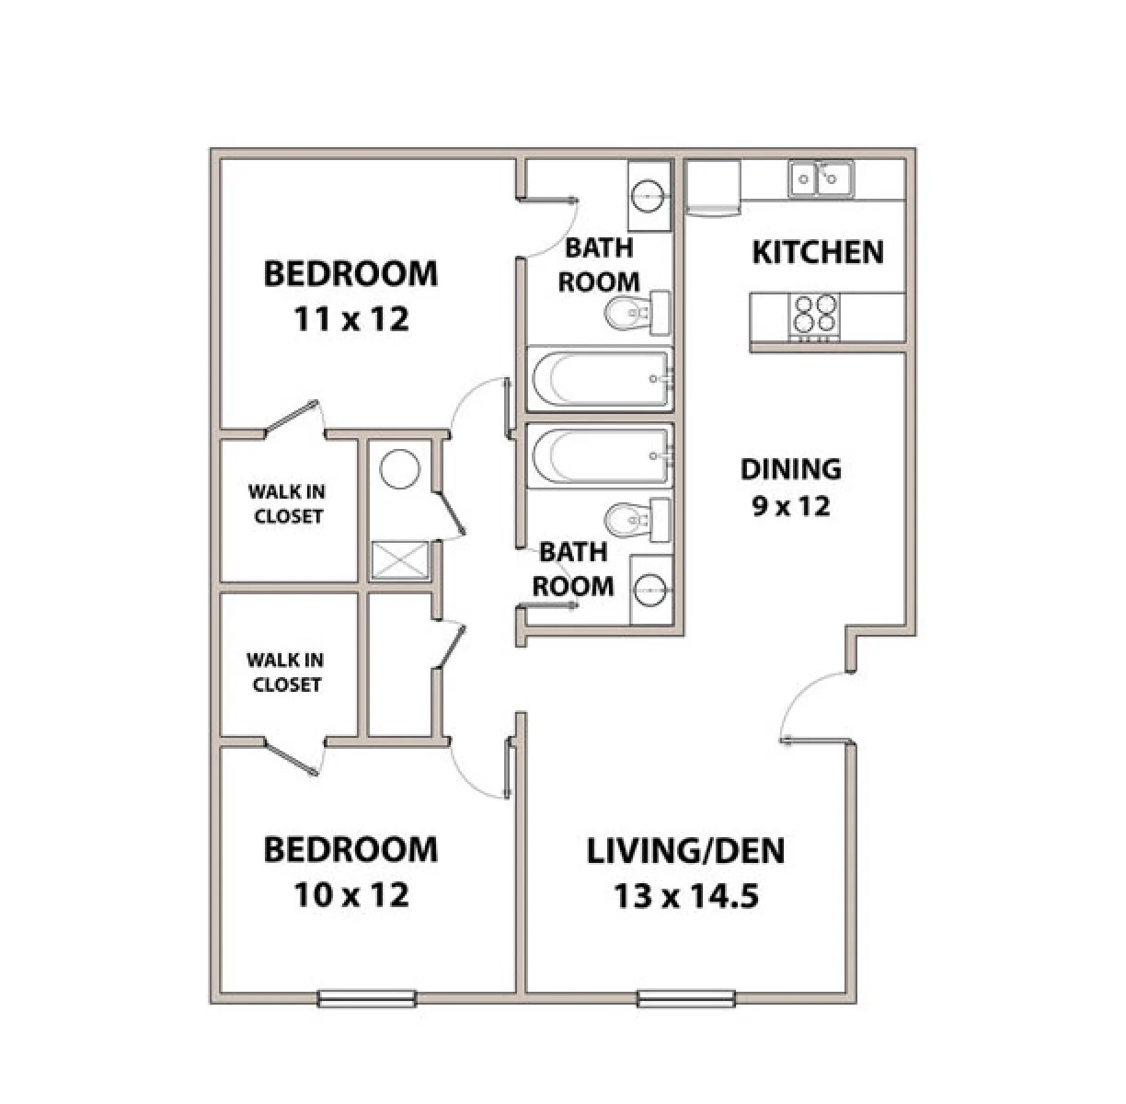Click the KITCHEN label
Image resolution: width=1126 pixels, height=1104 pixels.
[x=817, y=251]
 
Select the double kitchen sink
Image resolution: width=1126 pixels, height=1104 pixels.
[x=820, y=178]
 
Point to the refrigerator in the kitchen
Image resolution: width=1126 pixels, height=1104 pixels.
[x=713, y=188]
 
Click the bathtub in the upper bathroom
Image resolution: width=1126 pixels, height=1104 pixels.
[x=599, y=378]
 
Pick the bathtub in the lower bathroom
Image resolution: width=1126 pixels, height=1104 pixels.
[x=599, y=455]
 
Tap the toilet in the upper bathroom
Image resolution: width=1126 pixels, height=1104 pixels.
[x=635, y=314]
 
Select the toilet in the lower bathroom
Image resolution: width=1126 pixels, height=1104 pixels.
[x=635, y=520]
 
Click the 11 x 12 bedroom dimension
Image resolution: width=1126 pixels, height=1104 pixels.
[x=350, y=319]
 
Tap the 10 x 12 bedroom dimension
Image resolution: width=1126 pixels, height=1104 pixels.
[x=350, y=893]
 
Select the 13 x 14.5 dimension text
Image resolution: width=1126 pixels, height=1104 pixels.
[x=685, y=895]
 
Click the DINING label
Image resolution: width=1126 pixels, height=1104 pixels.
[x=790, y=469]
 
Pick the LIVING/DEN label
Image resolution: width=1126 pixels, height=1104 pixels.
[x=685, y=851]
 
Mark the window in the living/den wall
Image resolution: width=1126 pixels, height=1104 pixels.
[x=685, y=998]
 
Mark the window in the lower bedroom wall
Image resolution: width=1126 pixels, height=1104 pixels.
[x=366, y=998]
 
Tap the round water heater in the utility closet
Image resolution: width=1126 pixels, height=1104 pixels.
[x=400, y=469]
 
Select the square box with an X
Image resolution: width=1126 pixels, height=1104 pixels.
[x=399, y=560]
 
